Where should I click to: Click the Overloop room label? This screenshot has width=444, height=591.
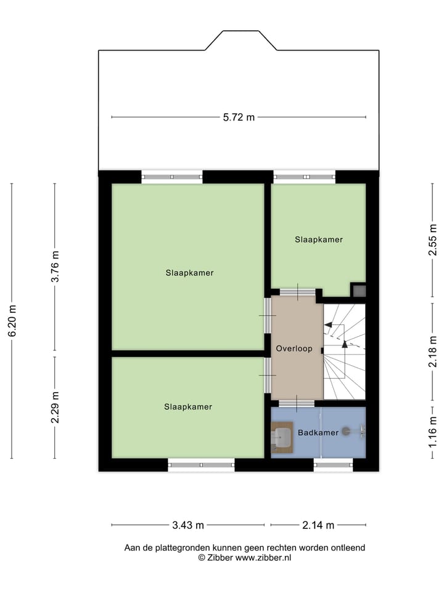click(294, 348)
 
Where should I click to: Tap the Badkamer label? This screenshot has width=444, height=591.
click(318, 433)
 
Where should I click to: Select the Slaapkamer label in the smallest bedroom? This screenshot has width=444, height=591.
click(318, 239)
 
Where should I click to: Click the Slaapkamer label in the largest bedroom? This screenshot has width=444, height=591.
click(189, 272)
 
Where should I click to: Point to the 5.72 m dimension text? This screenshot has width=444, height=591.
click(239, 118)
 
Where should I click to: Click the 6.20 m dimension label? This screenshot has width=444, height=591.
click(12, 321)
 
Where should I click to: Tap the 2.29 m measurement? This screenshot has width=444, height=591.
click(55, 408)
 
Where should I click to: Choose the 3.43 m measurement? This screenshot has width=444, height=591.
click(188, 525)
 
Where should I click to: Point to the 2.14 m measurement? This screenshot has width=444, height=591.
click(318, 525)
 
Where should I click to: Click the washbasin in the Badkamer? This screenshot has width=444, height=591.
click(282, 438)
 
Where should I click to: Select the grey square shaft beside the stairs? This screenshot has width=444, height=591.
click(359, 291)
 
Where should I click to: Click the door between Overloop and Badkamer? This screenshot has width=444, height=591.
click(296, 404)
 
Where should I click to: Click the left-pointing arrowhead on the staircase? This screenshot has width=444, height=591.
click(328, 324)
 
